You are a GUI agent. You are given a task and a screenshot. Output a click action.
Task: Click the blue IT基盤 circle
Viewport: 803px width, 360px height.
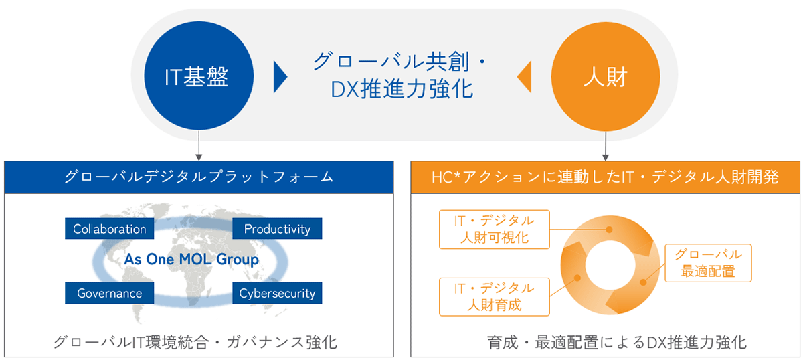pyautogui.click(x=199, y=76)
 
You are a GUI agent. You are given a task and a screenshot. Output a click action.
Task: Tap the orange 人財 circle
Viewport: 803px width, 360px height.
pyautogui.click(x=606, y=77)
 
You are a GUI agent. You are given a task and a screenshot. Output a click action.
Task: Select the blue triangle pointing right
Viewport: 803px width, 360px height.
pyautogui.click(x=280, y=77)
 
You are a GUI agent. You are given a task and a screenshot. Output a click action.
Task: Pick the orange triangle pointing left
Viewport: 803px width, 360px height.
pyautogui.click(x=524, y=77)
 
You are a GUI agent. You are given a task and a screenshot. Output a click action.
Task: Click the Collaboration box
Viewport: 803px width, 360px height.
pyautogui.click(x=109, y=228)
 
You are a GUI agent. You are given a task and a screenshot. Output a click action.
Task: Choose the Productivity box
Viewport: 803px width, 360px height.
pyautogui.click(x=277, y=228)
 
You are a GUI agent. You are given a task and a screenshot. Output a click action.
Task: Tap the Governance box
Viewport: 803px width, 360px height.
pyautogui.click(x=109, y=293)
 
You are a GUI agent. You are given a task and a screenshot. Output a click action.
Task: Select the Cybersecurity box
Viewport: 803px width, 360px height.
pyautogui.click(x=277, y=293)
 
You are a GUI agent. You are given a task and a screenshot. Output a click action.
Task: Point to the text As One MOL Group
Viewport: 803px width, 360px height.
pyautogui.click(x=191, y=259)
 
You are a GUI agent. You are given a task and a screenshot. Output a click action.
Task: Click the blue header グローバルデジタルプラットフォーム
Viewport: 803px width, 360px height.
pyautogui.click(x=199, y=177)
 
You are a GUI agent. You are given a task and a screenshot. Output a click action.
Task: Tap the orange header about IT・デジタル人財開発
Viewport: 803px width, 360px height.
pyautogui.click(x=605, y=177)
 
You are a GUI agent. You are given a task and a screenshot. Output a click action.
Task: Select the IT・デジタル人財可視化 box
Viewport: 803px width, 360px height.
pyautogui.click(x=495, y=229)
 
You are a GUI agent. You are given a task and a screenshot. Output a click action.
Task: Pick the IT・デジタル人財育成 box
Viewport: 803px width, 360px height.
pyautogui.click(x=495, y=297)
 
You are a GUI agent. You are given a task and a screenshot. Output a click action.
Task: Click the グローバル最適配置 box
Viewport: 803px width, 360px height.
pyautogui.click(x=708, y=263)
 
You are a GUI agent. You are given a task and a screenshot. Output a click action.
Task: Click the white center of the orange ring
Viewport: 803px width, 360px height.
pyautogui.click(x=610, y=266)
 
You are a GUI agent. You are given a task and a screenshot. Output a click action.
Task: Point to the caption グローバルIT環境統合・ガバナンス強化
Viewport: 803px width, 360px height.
pyautogui.click(x=195, y=342)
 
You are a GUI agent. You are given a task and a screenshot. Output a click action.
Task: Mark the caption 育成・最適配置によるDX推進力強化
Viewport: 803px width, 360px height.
pyautogui.click(x=616, y=342)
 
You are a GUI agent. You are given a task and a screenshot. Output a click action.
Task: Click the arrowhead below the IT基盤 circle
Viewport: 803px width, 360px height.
pyautogui.click(x=199, y=157)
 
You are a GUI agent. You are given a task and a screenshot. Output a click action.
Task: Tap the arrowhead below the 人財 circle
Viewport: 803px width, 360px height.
pyautogui.click(x=606, y=157)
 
